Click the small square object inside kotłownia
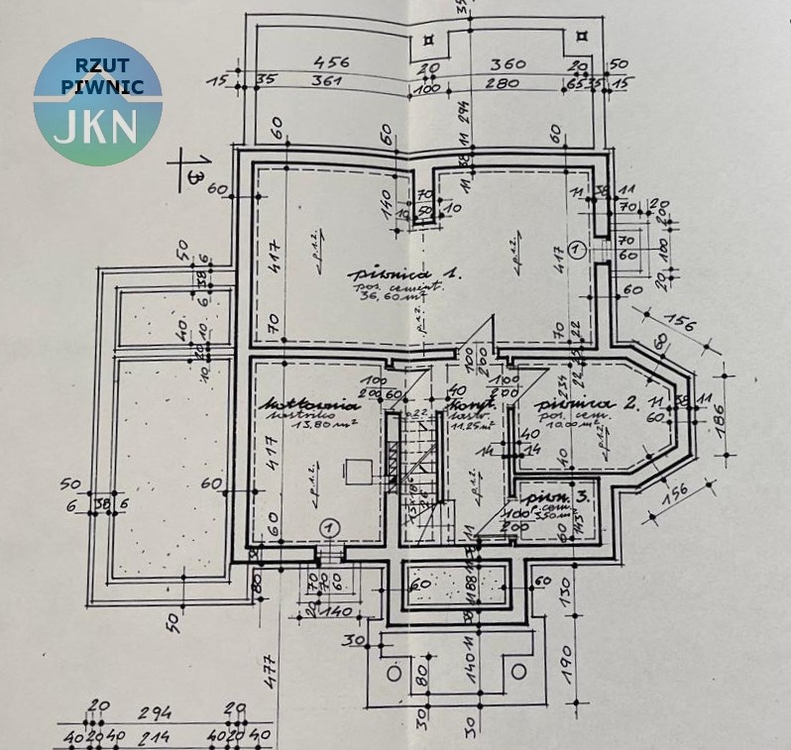coord(355,472)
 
